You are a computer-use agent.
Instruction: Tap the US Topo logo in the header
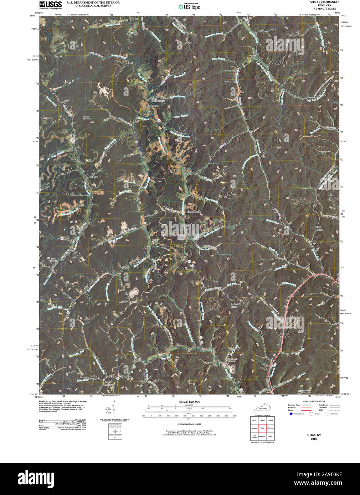[x=190, y=6]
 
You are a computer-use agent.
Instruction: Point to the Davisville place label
[x=153, y=106]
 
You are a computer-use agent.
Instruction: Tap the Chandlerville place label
[x=194, y=212]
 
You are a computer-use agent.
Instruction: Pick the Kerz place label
[x=122, y=266]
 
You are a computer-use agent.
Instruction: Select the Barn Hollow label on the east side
[x=319, y=228]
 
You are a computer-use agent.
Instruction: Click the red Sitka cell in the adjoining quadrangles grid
[x=262, y=428]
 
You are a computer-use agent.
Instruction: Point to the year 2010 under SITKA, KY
[x=314, y=439]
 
